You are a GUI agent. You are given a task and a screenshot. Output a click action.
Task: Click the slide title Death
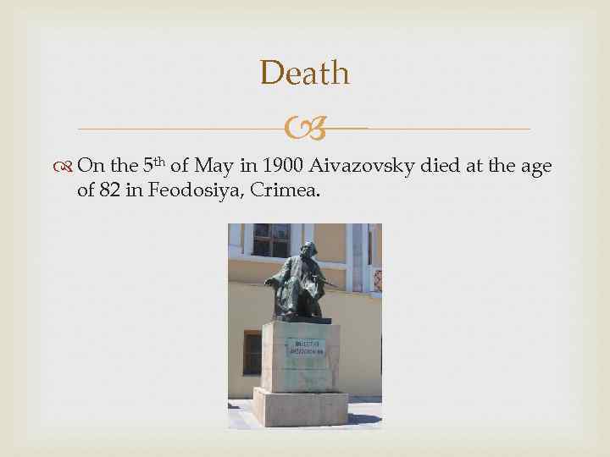[x=304, y=73]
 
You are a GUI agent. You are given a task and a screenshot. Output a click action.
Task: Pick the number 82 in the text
[x=109, y=190]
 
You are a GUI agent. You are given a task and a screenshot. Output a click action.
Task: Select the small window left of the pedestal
[x=252, y=352]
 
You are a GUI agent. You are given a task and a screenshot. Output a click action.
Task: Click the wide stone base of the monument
[x=301, y=406]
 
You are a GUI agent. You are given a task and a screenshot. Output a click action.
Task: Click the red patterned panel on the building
[x=377, y=280]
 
